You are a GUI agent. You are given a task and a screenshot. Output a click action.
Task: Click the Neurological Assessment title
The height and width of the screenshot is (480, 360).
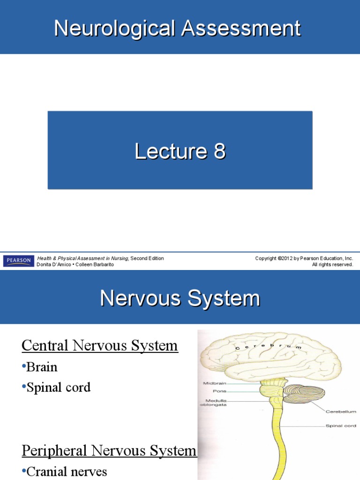coord(177,29)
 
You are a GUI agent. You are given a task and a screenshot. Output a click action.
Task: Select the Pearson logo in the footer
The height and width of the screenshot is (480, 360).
coord(18,261)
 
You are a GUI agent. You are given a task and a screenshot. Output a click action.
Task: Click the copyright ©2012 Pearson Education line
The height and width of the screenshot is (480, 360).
coord(304,258)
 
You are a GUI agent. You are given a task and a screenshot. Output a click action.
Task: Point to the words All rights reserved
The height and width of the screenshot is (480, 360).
coord(332,265)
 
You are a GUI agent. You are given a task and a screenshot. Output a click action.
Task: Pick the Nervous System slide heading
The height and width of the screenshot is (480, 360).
coord(180,298)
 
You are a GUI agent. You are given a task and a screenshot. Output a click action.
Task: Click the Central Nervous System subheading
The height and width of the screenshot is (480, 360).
coord(100,346)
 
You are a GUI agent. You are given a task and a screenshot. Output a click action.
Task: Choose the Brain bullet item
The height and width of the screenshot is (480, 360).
coord(42,367)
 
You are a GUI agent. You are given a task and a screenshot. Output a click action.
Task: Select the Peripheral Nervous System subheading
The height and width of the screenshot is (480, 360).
coord(109,451)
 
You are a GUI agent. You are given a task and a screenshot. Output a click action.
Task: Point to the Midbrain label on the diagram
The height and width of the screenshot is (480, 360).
coord(214,383)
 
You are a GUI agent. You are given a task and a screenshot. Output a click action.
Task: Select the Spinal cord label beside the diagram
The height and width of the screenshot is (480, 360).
coord(341,426)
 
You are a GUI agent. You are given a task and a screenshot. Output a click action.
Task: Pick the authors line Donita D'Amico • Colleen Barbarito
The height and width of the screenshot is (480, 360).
coord(75,265)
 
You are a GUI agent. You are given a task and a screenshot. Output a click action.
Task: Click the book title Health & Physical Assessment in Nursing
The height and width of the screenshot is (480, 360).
coord(82,258)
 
